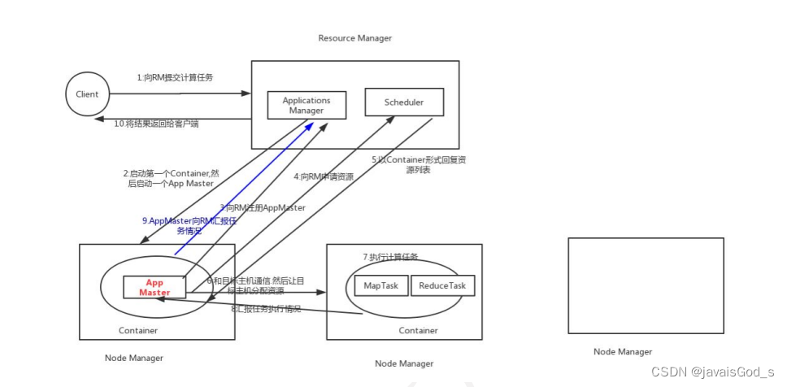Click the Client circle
point(87,94)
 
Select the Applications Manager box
point(307,105)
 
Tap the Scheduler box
point(405,102)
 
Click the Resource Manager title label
point(354,38)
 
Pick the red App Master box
point(154,288)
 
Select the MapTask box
point(380,285)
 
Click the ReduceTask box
point(443,285)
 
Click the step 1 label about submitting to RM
point(180,77)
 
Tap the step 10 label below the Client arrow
point(155,124)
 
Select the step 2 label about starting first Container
point(168,178)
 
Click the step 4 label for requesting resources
point(324,176)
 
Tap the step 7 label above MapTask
point(390,257)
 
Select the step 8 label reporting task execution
point(266,309)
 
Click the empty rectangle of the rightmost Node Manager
point(645,285)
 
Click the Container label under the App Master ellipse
point(138,330)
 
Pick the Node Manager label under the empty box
point(622,351)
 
